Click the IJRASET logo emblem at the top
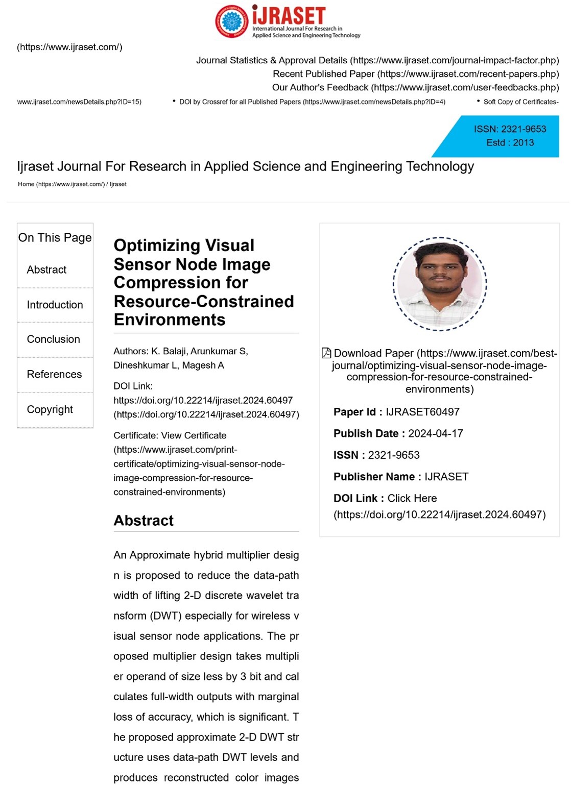(233, 22)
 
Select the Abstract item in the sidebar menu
(46, 269)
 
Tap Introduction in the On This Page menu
(55, 305)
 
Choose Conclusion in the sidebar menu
(53, 339)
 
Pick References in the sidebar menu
(54, 374)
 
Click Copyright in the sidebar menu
(50, 409)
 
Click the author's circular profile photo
(439, 284)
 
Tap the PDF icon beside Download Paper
(326, 353)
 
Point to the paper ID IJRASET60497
(422, 412)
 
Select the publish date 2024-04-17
(435, 433)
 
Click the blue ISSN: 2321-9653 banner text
(510, 129)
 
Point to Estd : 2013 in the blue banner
(510, 143)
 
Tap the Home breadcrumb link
(26, 184)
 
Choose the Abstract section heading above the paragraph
(144, 521)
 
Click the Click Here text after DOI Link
(412, 498)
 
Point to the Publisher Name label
(374, 477)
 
